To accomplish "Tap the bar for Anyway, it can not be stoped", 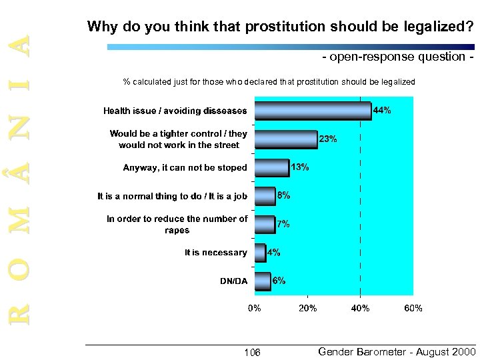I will [x=271, y=167].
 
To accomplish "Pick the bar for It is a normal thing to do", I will [x=265, y=196].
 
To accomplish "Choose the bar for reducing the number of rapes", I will [x=264, y=224].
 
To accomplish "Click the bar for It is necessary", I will [x=260, y=253].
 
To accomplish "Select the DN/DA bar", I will [x=262, y=281].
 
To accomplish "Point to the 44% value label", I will [x=381, y=111].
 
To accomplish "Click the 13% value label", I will [x=299, y=167].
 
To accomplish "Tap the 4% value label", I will [x=273, y=253].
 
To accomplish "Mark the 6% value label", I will [x=279, y=281].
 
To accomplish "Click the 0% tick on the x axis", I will [x=254, y=308].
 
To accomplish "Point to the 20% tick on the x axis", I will [x=307, y=308].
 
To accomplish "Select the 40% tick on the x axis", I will [x=360, y=308].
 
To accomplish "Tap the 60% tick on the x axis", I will [x=413, y=308].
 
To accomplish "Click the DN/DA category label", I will [x=233, y=281].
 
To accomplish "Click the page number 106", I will [x=252, y=352].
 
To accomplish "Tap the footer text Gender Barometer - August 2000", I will [x=397, y=351].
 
